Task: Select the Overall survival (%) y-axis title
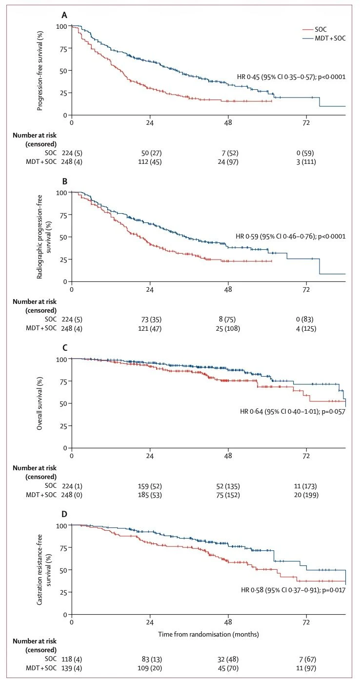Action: point(41,403)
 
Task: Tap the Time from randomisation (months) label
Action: point(208,635)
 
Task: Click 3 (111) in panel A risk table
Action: point(306,162)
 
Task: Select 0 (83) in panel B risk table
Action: point(306,320)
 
